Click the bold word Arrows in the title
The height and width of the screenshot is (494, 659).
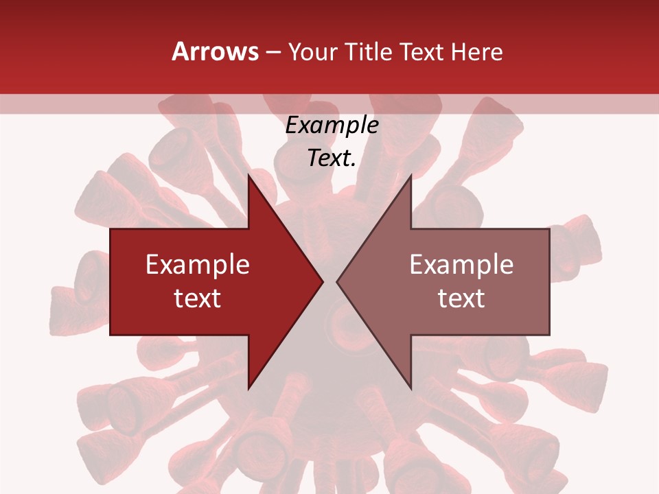[215, 51]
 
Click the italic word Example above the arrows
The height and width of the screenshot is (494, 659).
[332, 126]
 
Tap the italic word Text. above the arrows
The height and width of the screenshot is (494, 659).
[332, 158]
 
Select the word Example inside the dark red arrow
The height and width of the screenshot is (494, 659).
[198, 265]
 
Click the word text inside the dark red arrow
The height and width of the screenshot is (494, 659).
[198, 298]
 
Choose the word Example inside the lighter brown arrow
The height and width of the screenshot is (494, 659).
[461, 265]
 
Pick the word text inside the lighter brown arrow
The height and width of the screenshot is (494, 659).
[461, 298]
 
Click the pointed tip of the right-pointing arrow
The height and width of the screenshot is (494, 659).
[323, 281]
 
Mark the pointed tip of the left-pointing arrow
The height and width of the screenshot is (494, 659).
[337, 281]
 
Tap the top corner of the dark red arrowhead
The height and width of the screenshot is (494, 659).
[248, 176]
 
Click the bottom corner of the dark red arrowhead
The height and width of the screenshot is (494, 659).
[248, 388]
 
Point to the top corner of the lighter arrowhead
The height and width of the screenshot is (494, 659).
[411, 176]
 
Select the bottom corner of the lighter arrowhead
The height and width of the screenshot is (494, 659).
[411, 388]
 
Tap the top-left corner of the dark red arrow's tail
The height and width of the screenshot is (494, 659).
[111, 229]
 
